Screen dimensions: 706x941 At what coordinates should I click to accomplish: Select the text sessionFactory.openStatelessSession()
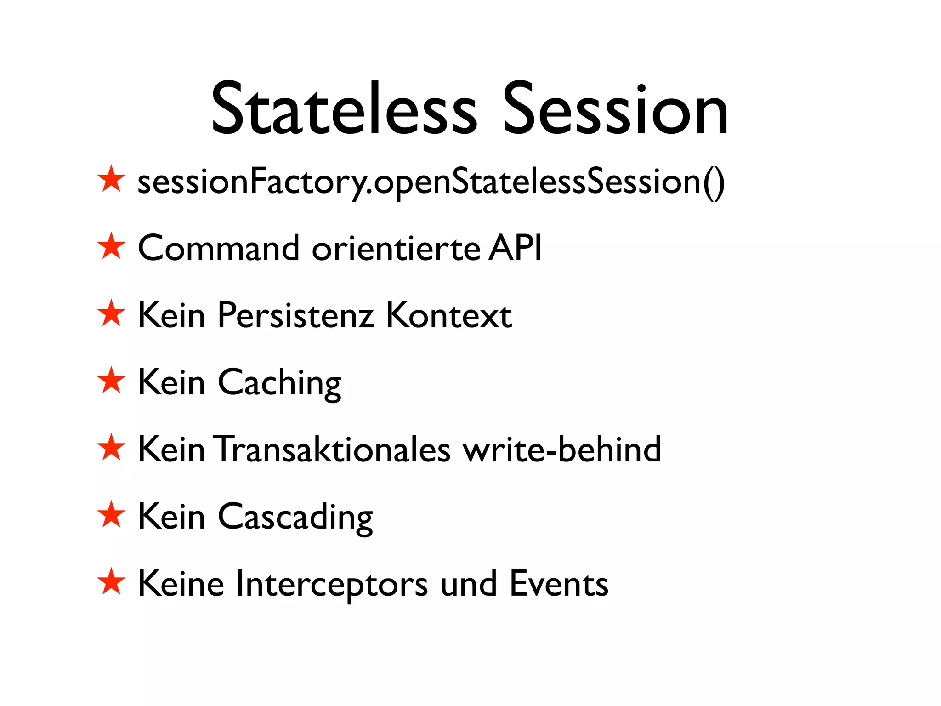(431, 182)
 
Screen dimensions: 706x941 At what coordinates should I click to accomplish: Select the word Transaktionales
(334, 449)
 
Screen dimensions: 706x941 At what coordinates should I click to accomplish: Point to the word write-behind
(561, 449)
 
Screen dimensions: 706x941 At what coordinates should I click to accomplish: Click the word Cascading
(295, 517)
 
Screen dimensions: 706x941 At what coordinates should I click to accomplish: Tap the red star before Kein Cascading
(111, 515)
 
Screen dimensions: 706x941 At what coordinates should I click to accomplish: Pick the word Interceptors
(332, 584)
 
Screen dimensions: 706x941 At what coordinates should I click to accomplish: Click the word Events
(559, 583)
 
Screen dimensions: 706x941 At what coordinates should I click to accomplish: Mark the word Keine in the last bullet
(181, 583)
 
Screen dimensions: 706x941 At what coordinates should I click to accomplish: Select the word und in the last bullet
(468, 583)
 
